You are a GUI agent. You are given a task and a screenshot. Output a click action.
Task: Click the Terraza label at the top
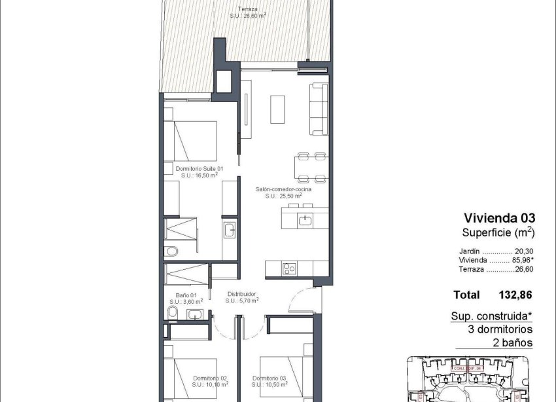[247, 10]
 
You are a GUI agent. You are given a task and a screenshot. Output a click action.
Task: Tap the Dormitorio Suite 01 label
[201, 169]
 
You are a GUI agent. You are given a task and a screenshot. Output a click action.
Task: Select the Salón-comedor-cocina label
[283, 189]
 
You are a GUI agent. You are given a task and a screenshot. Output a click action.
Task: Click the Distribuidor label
[241, 295]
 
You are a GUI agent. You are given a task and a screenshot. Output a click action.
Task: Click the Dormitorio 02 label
[209, 378]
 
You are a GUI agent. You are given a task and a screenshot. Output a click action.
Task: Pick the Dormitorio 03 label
[269, 378]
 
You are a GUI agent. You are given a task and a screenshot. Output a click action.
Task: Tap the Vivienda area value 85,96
[521, 260]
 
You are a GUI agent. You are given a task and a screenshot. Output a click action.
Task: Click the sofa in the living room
[319, 109]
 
